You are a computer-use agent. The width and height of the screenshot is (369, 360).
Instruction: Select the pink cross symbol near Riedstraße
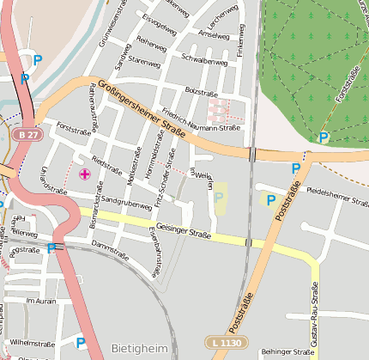(x=84, y=174)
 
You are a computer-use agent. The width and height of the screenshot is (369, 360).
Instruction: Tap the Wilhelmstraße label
(x=32, y=342)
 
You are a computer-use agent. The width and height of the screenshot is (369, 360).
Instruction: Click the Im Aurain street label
(x=40, y=302)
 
